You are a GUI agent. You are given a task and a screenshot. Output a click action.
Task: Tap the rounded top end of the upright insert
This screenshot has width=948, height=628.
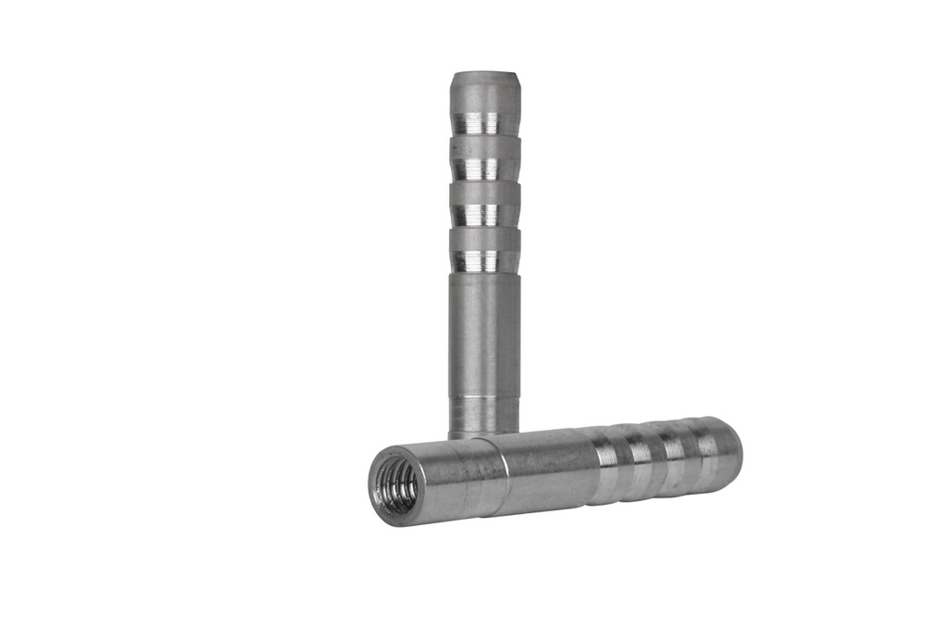[484, 81]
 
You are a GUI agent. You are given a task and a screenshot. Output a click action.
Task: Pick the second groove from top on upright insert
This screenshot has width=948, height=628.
[484, 168]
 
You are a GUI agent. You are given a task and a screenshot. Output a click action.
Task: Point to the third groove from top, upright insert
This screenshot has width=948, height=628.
[484, 214]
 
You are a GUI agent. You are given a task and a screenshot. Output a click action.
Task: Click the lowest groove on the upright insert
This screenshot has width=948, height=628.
[484, 260]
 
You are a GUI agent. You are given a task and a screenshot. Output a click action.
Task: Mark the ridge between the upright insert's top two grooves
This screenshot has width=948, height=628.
[484, 146]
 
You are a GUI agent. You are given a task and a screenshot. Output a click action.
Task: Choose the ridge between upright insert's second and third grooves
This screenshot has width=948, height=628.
[484, 192]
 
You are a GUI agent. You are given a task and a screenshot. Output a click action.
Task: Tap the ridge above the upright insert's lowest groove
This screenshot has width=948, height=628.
[484, 238]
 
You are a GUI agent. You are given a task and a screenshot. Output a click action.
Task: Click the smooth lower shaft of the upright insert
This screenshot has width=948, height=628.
[484, 333]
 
